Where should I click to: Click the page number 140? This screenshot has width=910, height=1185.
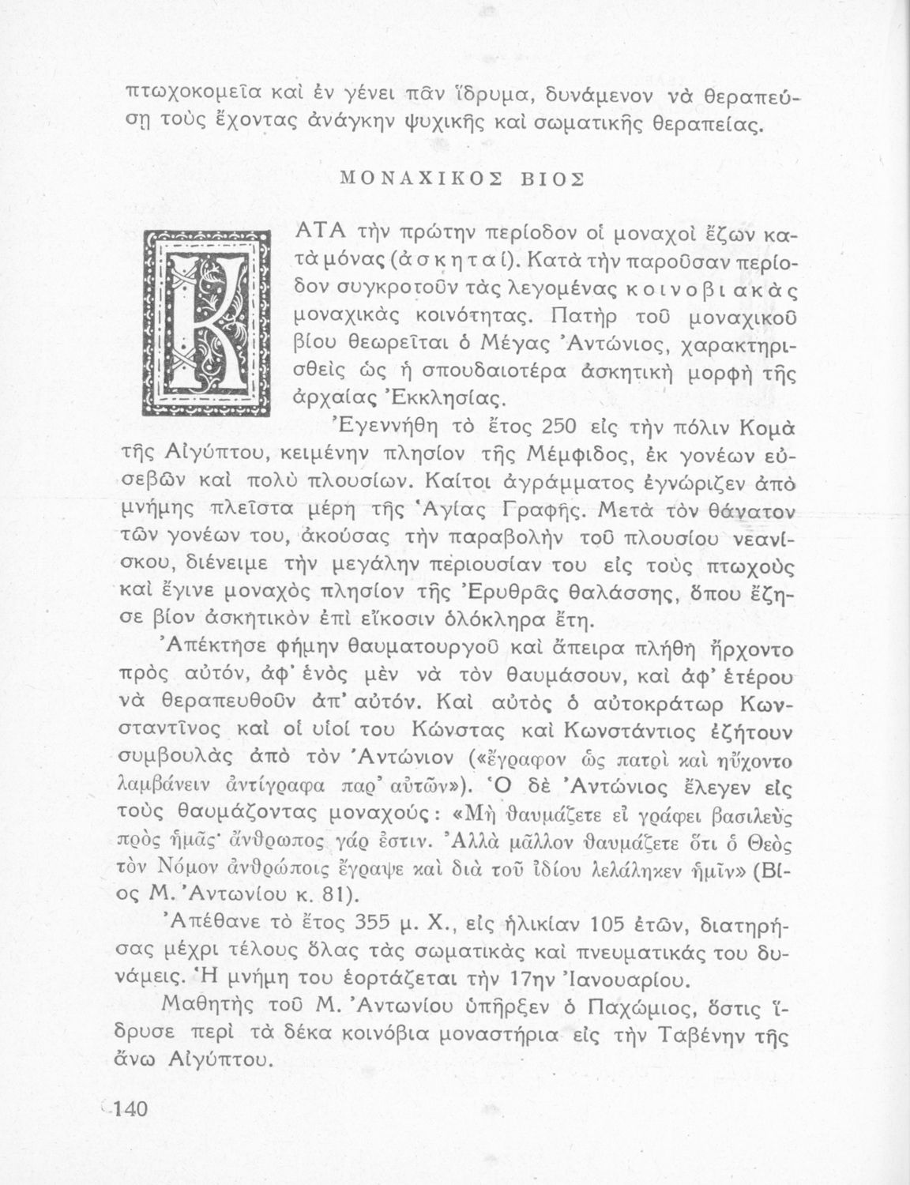coord(126,1108)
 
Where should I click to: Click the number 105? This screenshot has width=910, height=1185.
coord(606,923)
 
